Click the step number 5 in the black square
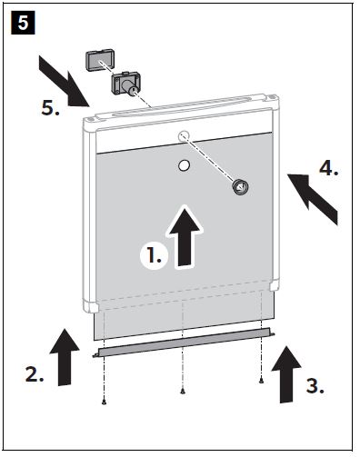(23, 23)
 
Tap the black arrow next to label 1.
(185, 236)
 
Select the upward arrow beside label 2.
(65, 357)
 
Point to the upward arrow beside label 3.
(286, 374)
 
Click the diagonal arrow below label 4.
(312, 196)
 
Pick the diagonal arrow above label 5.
(65, 81)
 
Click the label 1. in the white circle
(154, 254)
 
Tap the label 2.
(35, 374)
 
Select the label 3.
(315, 386)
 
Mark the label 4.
(329, 168)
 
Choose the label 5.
(50, 108)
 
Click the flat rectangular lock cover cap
(100, 60)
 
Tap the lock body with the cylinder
(126, 83)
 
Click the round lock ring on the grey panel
(240, 187)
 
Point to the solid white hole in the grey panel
(184, 165)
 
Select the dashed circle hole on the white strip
(184, 136)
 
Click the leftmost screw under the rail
(104, 402)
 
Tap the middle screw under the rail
(183, 391)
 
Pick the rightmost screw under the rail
(261, 382)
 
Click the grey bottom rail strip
(184, 343)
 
